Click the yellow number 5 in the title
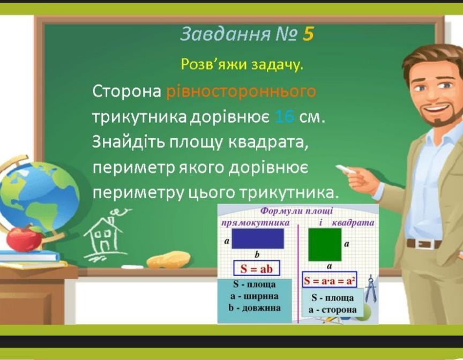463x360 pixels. (308, 34)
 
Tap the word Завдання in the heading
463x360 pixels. (225, 34)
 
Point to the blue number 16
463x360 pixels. (285, 117)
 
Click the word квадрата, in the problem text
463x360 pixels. (268, 142)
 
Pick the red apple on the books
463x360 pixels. (24, 238)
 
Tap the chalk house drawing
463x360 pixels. (104, 236)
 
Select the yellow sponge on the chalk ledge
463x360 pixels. (169, 259)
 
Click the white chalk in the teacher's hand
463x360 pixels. (346, 169)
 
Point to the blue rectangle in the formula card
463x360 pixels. (258, 238)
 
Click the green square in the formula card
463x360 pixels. (325, 245)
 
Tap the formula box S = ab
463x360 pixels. (257, 268)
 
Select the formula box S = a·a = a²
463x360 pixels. (330, 280)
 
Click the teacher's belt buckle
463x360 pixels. (425, 244)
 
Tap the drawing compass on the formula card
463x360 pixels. (371, 289)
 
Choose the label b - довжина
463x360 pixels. (255, 308)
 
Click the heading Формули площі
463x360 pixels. (297, 211)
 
